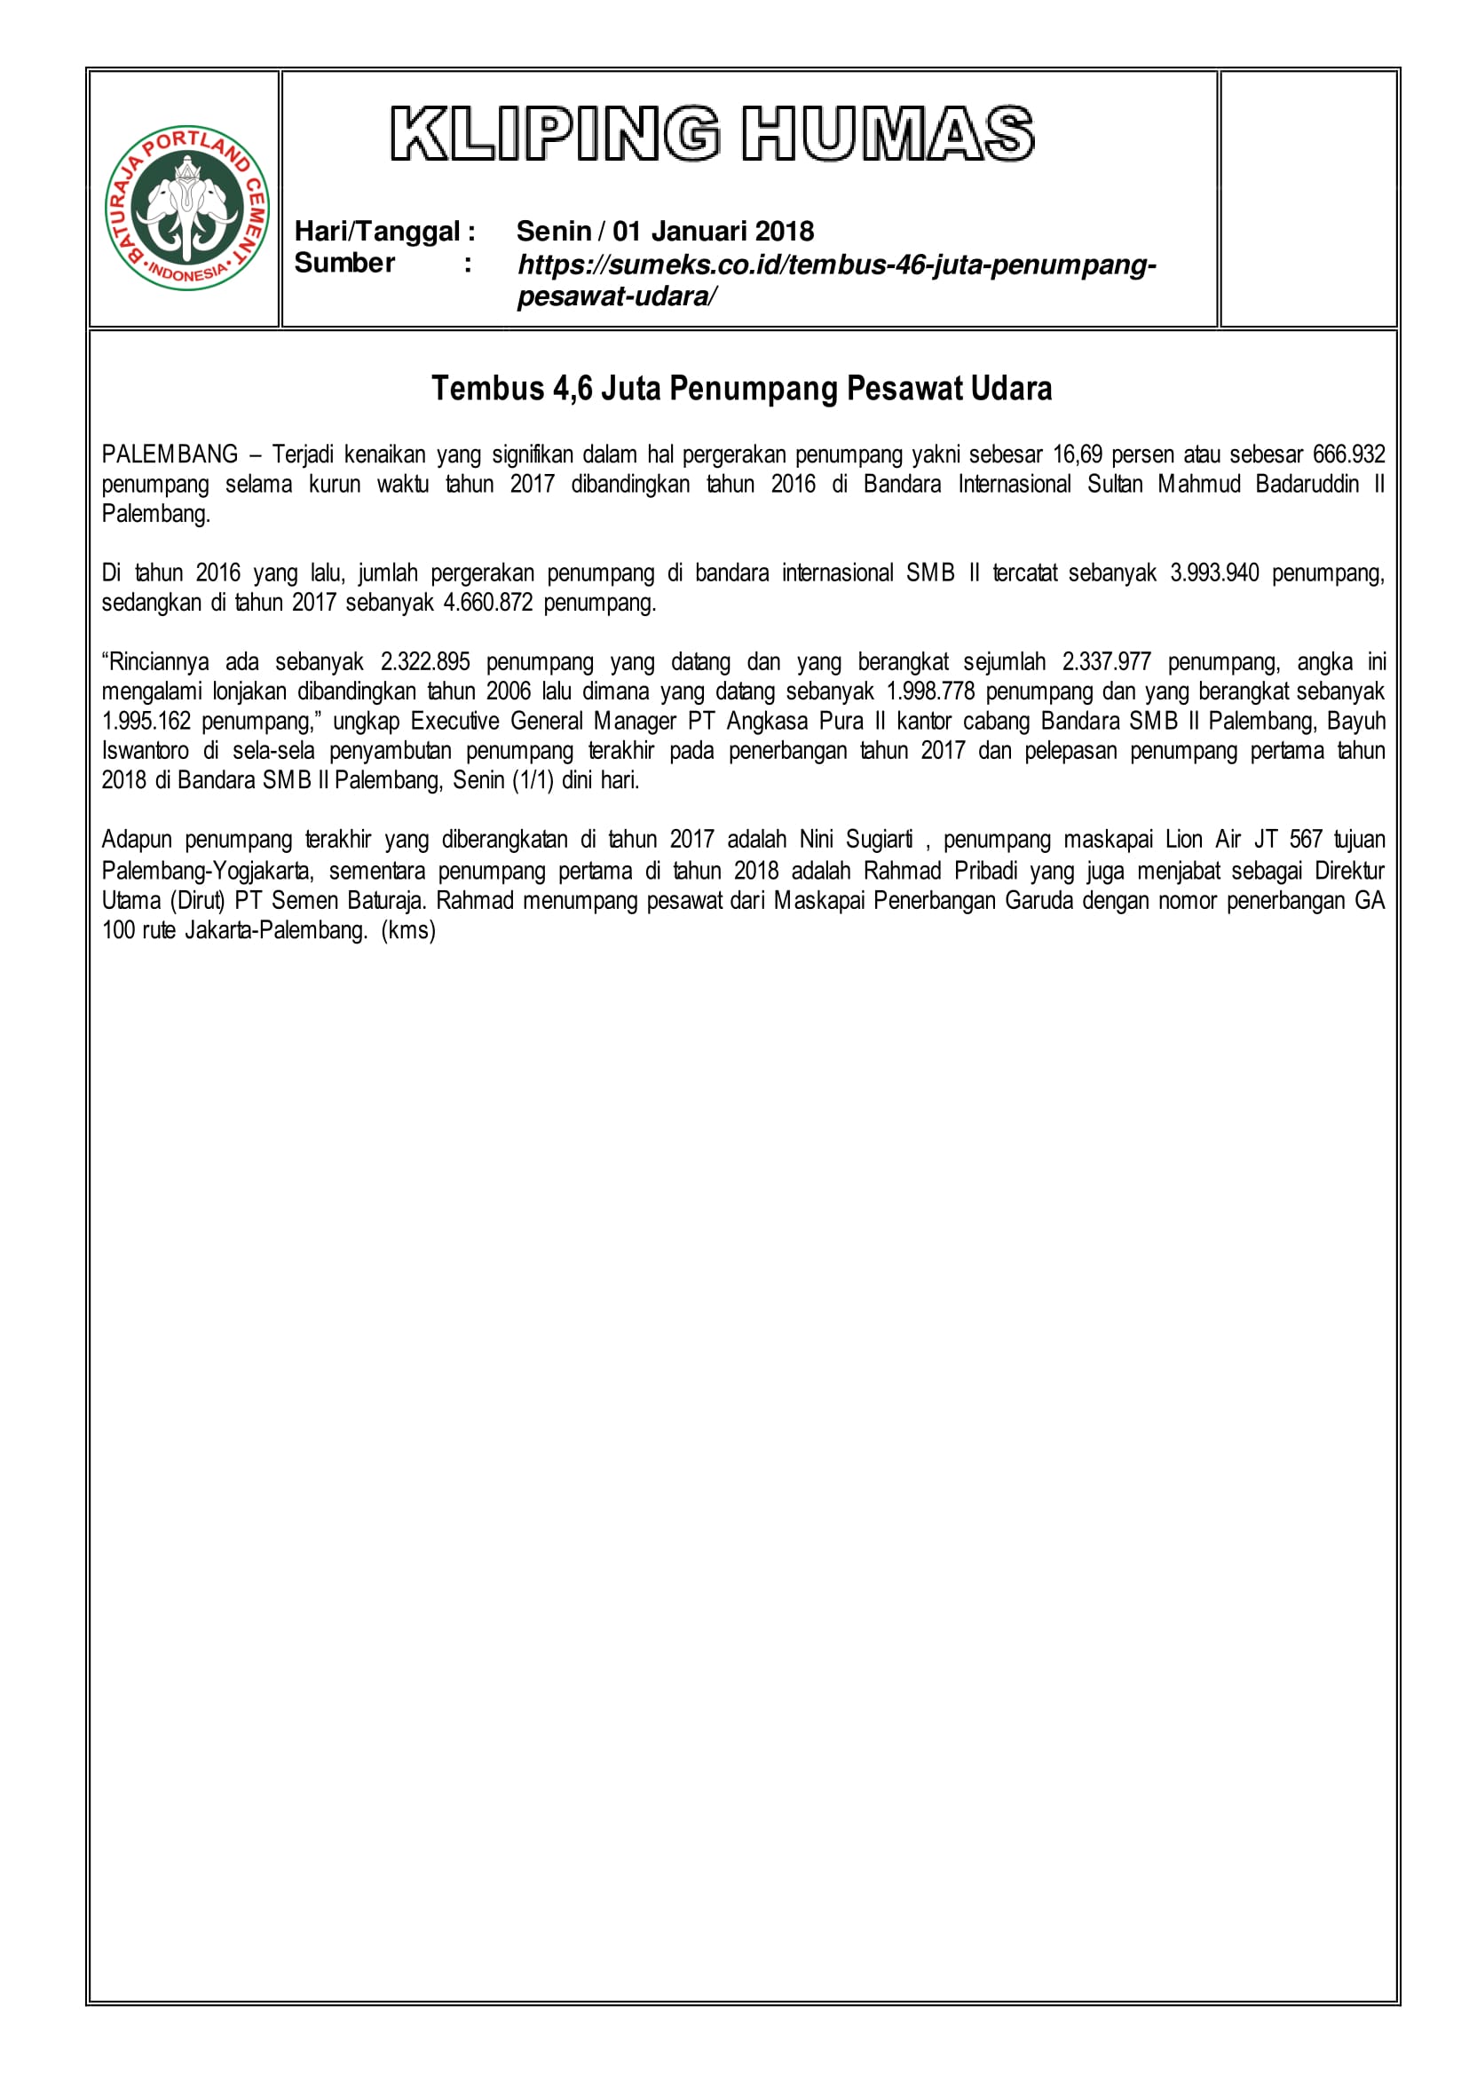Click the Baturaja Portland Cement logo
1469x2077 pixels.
click(x=186, y=208)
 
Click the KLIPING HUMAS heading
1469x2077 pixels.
click(x=712, y=134)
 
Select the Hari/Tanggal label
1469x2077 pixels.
click(x=384, y=232)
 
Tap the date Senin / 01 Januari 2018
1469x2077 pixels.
click(x=665, y=232)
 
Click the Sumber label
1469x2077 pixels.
click(x=344, y=264)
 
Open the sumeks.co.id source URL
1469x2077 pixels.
click(x=836, y=266)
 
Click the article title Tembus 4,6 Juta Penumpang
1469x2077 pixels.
click(x=742, y=388)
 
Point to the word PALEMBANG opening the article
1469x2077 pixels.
click(x=170, y=454)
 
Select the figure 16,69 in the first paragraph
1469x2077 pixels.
click(x=1078, y=454)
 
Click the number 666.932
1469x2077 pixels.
click(x=1348, y=454)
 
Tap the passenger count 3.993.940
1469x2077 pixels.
click(x=1214, y=573)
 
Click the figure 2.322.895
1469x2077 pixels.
click(x=425, y=662)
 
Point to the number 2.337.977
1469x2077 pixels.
click(x=1106, y=662)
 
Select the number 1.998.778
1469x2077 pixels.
click(x=930, y=692)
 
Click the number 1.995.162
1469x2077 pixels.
click(x=146, y=722)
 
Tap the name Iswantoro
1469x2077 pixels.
click(x=145, y=751)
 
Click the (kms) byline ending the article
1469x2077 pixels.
click(x=409, y=931)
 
